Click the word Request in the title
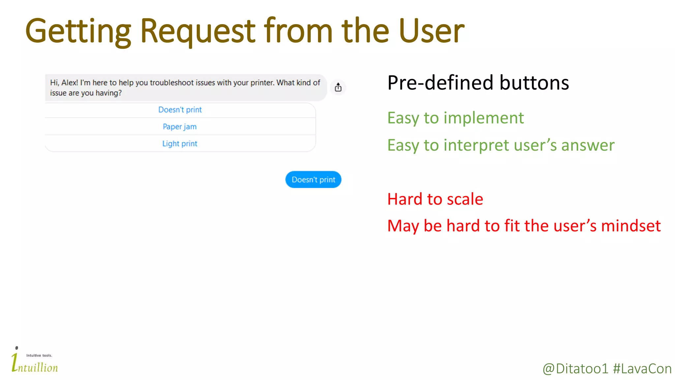(x=197, y=31)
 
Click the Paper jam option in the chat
(x=180, y=127)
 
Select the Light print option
(x=180, y=144)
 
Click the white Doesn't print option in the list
(x=180, y=110)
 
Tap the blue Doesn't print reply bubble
(x=313, y=180)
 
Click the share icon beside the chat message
(x=338, y=87)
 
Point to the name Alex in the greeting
(x=70, y=83)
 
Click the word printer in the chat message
(x=262, y=83)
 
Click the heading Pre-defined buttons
(x=478, y=83)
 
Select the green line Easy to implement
(x=455, y=118)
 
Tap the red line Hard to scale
(x=435, y=199)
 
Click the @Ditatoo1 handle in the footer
(x=575, y=369)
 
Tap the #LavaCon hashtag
(x=642, y=369)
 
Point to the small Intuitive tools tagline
(x=39, y=356)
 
